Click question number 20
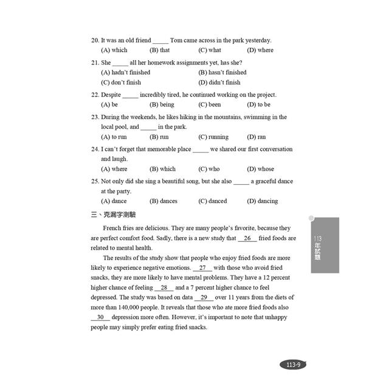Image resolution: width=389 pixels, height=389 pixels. (95, 40)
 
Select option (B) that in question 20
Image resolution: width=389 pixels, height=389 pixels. (160, 50)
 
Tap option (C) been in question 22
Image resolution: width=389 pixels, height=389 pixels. (210, 105)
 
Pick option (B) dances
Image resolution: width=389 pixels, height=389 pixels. (164, 201)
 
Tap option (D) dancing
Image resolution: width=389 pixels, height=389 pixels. (262, 201)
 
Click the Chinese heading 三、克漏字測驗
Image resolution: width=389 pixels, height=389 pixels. (114, 215)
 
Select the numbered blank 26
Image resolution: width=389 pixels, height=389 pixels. (247, 238)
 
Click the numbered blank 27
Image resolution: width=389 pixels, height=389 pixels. (202, 268)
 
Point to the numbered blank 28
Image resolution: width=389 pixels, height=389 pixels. (164, 287)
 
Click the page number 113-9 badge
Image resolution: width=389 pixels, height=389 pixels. (294, 365)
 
